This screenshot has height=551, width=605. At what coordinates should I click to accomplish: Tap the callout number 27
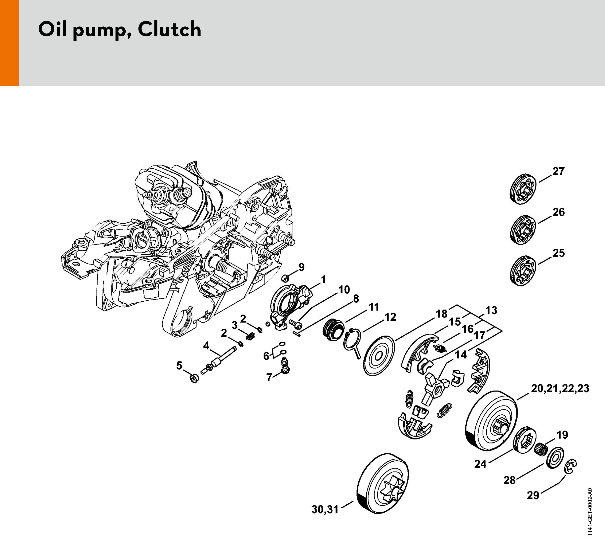click(558, 171)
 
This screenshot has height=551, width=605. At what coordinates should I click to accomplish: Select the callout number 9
click(301, 267)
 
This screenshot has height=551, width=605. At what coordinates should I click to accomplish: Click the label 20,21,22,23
click(560, 388)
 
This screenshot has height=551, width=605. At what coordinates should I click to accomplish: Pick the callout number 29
click(533, 503)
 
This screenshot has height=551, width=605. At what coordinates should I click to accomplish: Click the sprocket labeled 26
click(523, 230)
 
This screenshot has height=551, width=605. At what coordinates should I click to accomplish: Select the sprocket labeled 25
click(523, 271)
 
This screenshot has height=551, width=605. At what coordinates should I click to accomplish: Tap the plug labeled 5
click(194, 378)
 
